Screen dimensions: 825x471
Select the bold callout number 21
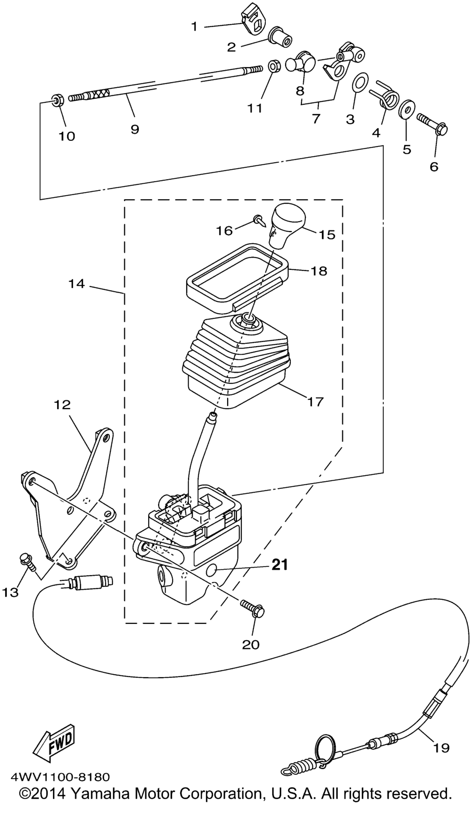[279, 564]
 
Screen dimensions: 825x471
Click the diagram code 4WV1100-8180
[60, 777]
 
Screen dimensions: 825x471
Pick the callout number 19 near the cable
[441, 747]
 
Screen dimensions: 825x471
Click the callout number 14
[77, 284]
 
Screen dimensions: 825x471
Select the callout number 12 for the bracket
[63, 405]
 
